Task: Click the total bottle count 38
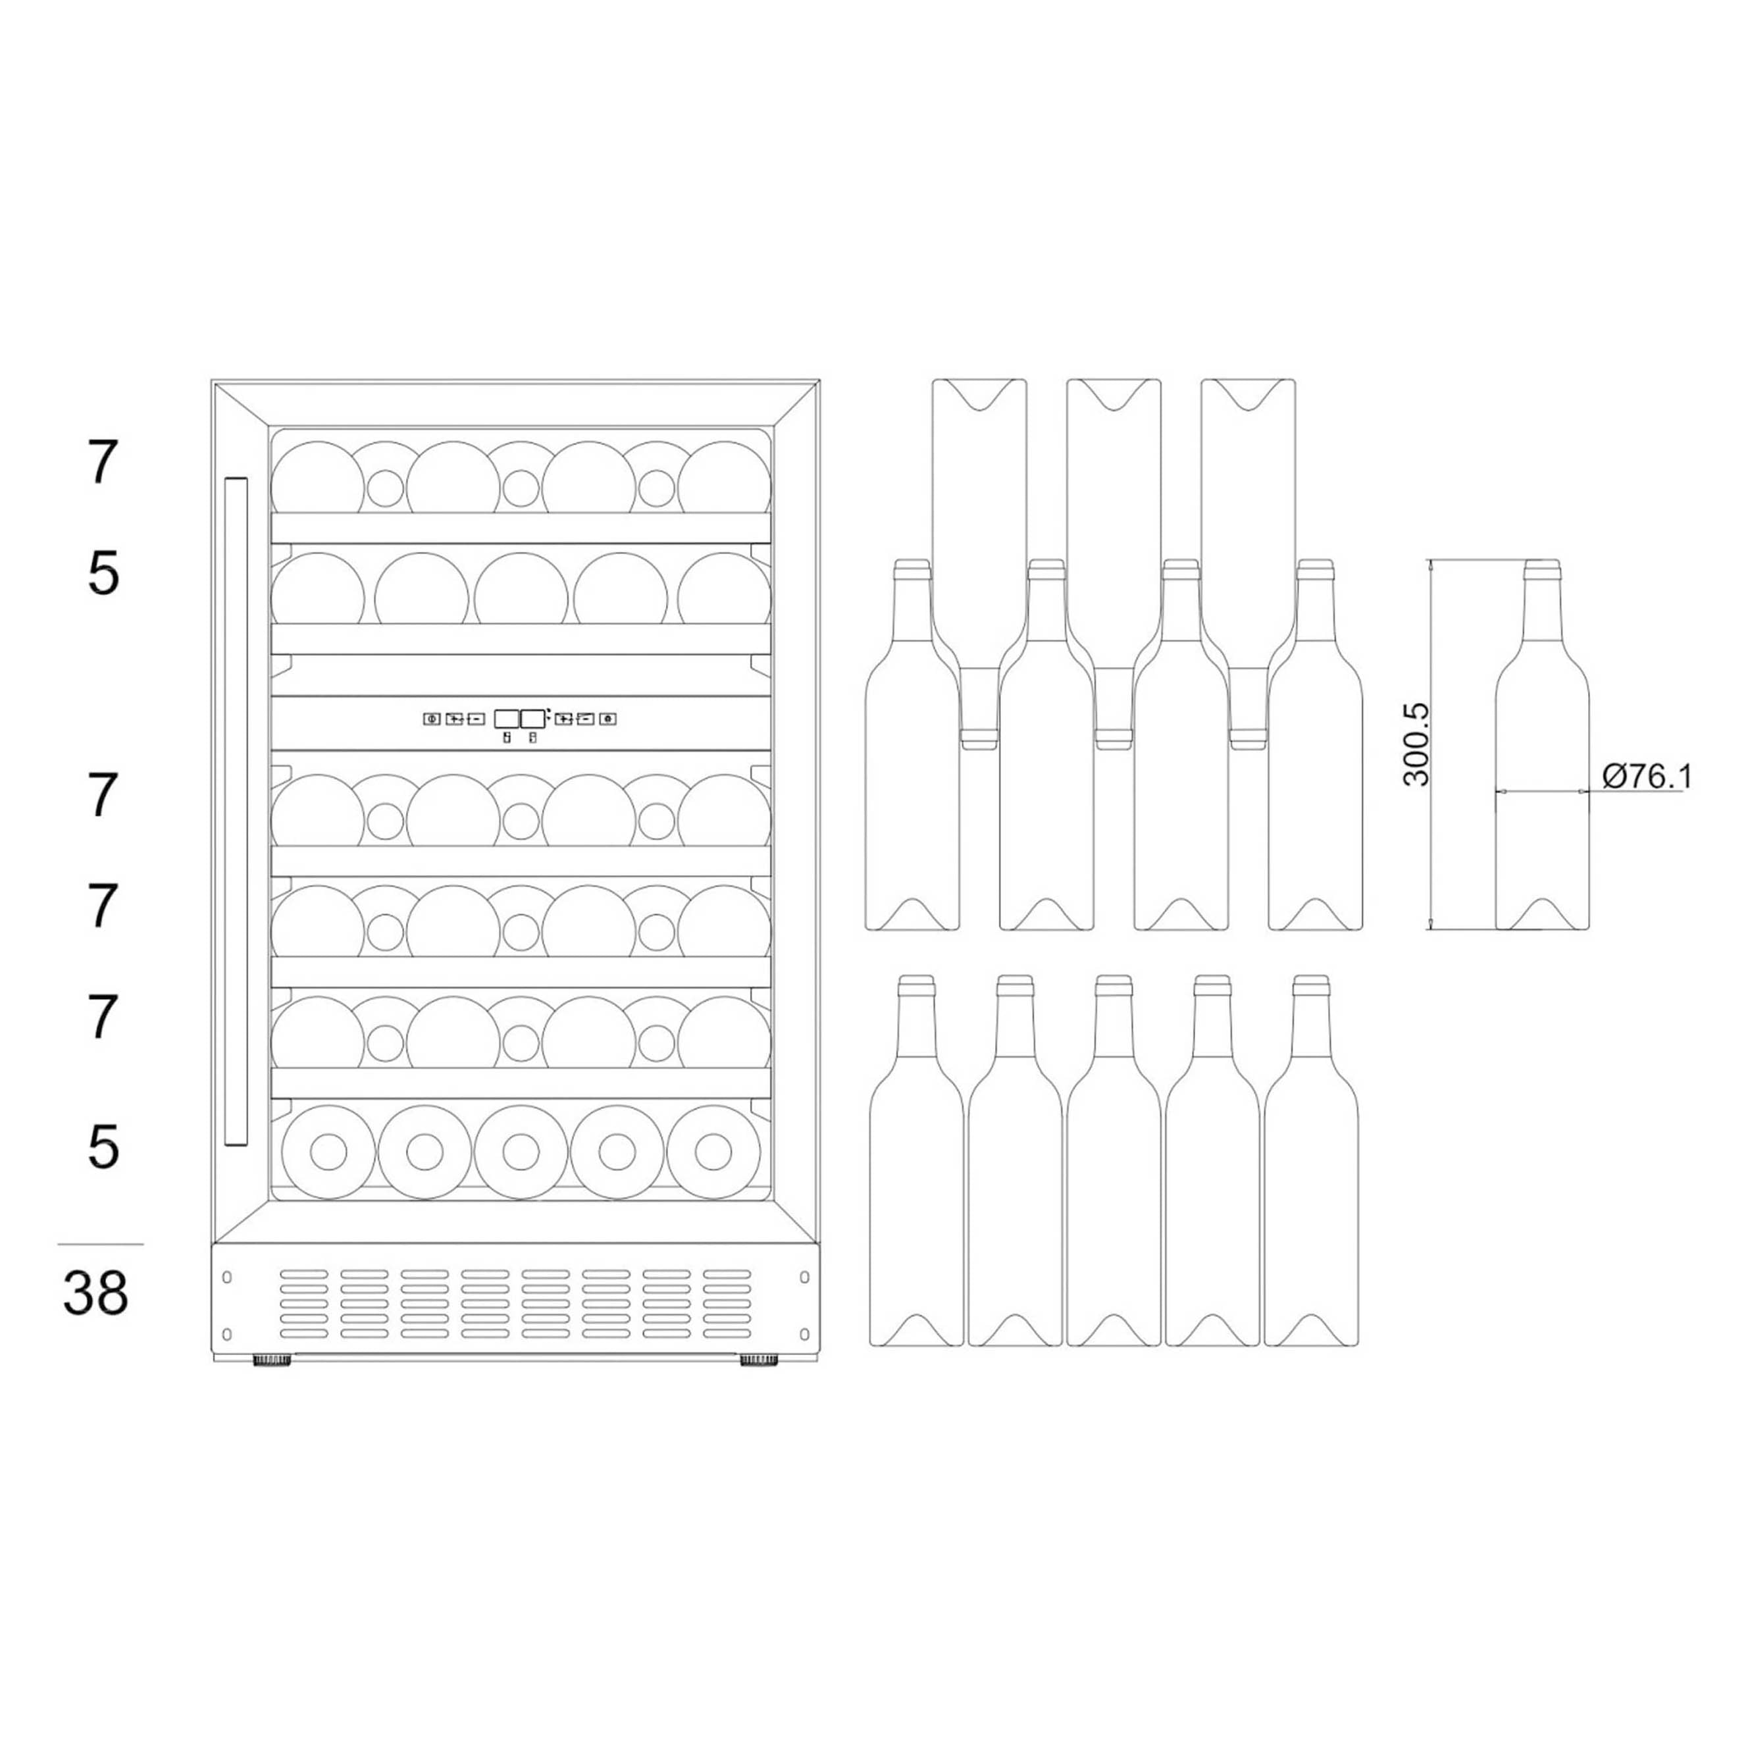pos(96,1293)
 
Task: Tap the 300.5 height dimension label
pos(1415,744)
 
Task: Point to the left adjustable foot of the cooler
pos(272,1360)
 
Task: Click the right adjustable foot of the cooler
pos(759,1360)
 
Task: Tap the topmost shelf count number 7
pos(103,462)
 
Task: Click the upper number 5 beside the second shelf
pos(103,573)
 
